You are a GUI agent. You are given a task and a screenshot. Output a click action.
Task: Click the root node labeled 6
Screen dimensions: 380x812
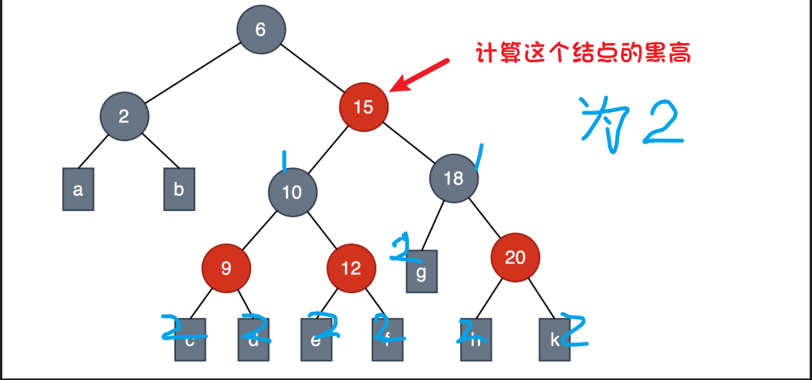tap(260, 30)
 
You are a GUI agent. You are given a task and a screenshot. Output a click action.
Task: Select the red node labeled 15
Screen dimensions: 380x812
tap(363, 107)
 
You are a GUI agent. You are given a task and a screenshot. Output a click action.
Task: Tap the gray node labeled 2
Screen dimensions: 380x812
tap(124, 117)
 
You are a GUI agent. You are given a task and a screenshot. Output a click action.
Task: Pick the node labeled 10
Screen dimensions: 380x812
tap(293, 193)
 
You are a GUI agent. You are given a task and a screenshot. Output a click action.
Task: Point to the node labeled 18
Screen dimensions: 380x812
tap(454, 179)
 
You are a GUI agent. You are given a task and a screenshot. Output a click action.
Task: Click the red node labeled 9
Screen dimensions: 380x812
tap(226, 268)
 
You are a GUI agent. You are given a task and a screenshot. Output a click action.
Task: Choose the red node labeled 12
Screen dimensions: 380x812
tap(351, 268)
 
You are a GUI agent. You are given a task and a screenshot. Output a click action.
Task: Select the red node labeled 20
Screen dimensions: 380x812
tap(515, 257)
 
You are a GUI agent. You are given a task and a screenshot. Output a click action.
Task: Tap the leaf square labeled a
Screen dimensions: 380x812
tap(78, 189)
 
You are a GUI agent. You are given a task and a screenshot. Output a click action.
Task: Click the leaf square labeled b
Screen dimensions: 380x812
tap(179, 189)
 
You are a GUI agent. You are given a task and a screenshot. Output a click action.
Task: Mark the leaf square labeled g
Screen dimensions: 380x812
tap(422, 272)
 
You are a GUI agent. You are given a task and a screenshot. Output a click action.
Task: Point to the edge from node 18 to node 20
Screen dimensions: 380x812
tap(484, 217)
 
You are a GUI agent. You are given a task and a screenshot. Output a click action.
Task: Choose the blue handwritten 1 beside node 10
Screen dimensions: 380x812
tap(284, 161)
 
